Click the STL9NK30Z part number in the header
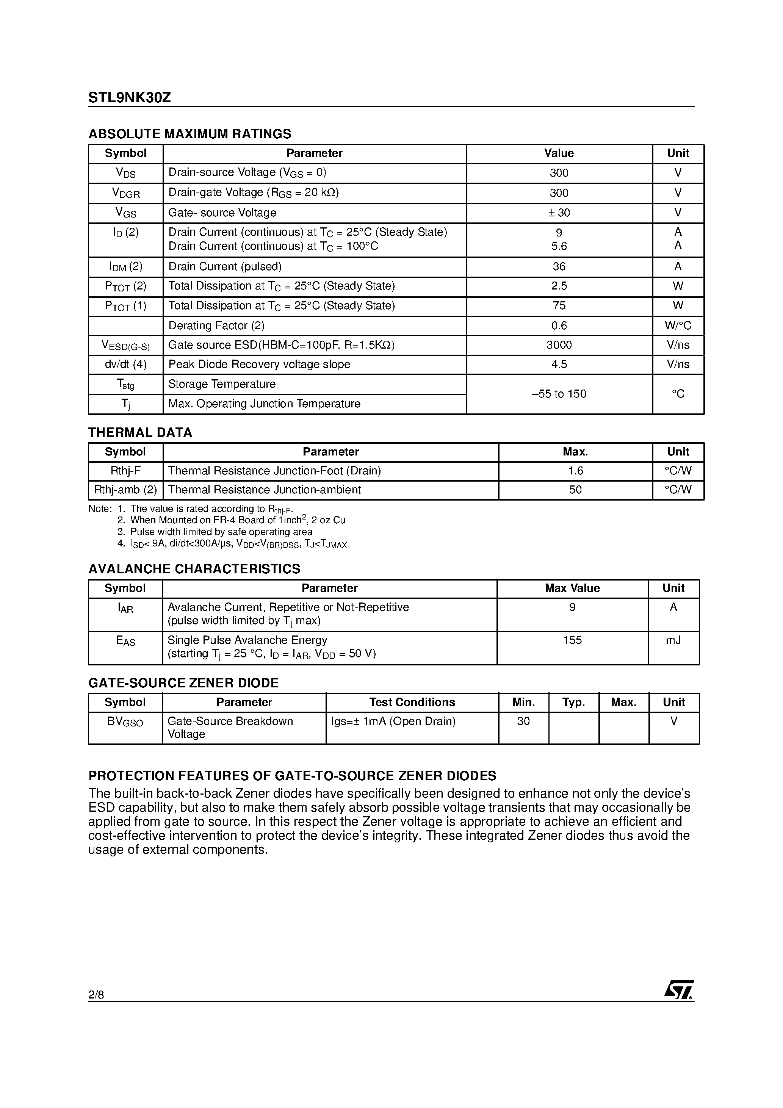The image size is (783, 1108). (129, 98)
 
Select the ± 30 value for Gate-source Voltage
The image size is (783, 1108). (559, 213)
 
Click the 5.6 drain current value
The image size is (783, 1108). (559, 246)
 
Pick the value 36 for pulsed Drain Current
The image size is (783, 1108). (559, 266)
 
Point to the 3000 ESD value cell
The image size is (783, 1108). (559, 345)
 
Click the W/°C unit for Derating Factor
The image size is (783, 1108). (678, 326)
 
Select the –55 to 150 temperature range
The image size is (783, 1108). (559, 394)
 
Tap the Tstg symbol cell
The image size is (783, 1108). (125, 384)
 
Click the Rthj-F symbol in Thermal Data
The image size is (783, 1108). (125, 471)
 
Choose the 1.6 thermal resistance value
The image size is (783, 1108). (575, 471)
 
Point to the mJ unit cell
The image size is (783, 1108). (673, 640)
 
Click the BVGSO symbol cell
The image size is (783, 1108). (125, 721)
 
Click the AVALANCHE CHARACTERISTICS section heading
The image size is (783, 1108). (194, 569)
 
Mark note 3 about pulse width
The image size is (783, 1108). (215, 532)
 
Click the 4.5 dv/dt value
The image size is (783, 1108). (559, 365)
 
